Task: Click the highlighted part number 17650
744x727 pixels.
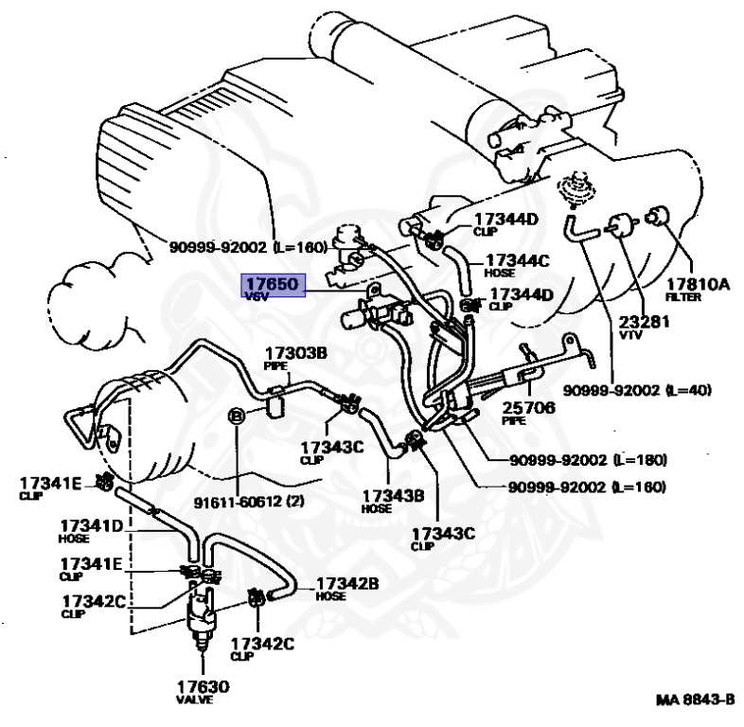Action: click(273, 282)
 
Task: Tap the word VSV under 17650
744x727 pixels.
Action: click(257, 295)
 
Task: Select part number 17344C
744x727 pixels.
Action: click(517, 260)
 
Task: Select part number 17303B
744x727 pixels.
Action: click(295, 353)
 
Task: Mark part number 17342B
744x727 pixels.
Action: click(346, 583)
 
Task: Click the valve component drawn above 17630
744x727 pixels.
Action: click(202, 618)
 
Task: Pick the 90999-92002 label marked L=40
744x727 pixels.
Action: click(635, 389)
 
